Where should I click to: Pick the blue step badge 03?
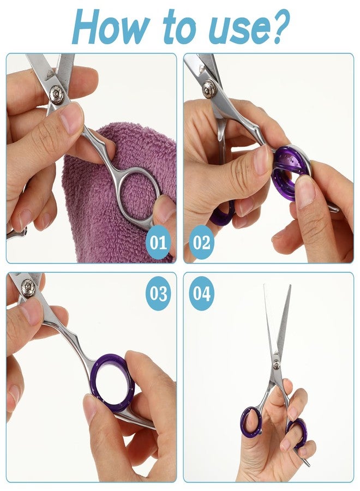point(158,294)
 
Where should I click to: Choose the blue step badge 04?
point(201,294)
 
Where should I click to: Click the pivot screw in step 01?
point(56,93)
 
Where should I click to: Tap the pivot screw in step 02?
point(209,89)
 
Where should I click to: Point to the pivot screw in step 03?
point(28,288)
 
